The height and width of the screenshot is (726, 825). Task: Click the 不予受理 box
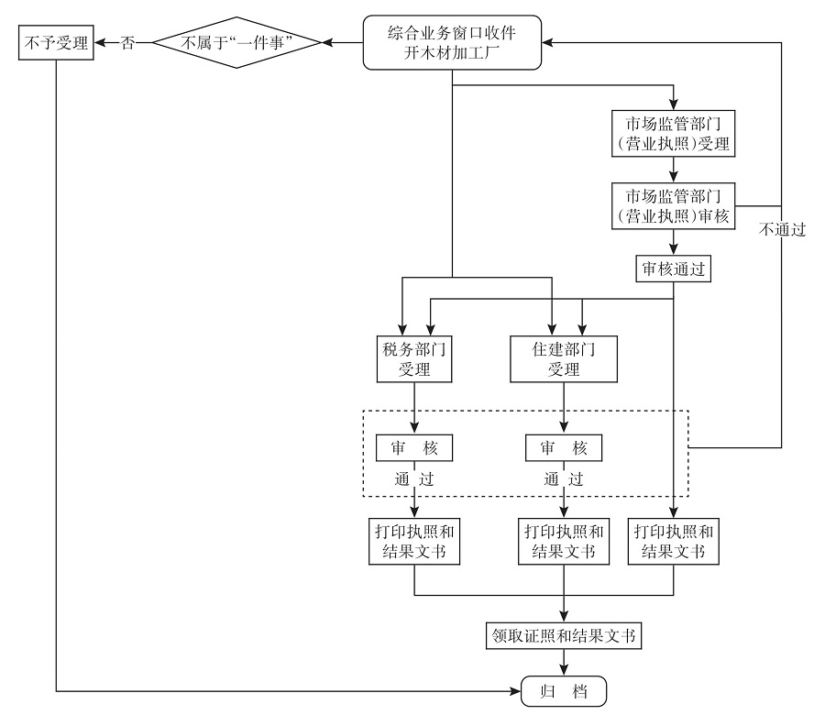56,43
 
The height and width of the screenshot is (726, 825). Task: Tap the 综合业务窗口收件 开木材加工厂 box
452,43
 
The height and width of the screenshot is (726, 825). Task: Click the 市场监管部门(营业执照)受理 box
675,133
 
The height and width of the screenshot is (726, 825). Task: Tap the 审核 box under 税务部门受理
413,448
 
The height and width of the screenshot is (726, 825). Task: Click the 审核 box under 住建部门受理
564,448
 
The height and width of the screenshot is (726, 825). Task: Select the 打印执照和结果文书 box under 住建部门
564,541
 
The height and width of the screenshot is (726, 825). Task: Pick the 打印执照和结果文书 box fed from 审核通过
675,541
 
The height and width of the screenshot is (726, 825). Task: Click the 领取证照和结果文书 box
563,635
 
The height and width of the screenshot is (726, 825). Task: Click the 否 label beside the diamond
128,43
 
